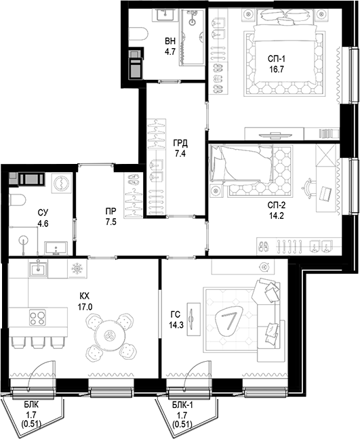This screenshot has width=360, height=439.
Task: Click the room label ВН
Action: [x=170, y=41]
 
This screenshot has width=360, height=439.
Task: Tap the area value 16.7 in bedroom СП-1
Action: [x=276, y=69]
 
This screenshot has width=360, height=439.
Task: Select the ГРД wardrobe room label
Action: [x=180, y=144]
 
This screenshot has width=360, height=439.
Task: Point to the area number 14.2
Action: [x=276, y=216]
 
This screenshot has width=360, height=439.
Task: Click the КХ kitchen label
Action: [x=84, y=296]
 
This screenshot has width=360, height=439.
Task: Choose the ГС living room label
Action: [x=176, y=314]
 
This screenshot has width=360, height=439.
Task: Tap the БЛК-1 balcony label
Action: [x=182, y=405]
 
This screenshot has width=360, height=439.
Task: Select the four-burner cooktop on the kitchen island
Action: [x=37, y=318]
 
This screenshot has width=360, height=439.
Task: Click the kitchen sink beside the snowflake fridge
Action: [x=38, y=268]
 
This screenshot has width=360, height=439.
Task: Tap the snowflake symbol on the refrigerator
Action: [x=77, y=269]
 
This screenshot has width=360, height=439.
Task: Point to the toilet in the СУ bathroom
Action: [x=18, y=200]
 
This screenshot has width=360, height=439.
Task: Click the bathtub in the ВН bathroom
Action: [x=192, y=37]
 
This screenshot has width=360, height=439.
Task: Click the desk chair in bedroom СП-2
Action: [x=308, y=188]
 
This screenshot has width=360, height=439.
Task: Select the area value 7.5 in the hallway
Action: [x=111, y=222]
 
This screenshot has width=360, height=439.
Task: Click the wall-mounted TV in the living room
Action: [x=193, y=319]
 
